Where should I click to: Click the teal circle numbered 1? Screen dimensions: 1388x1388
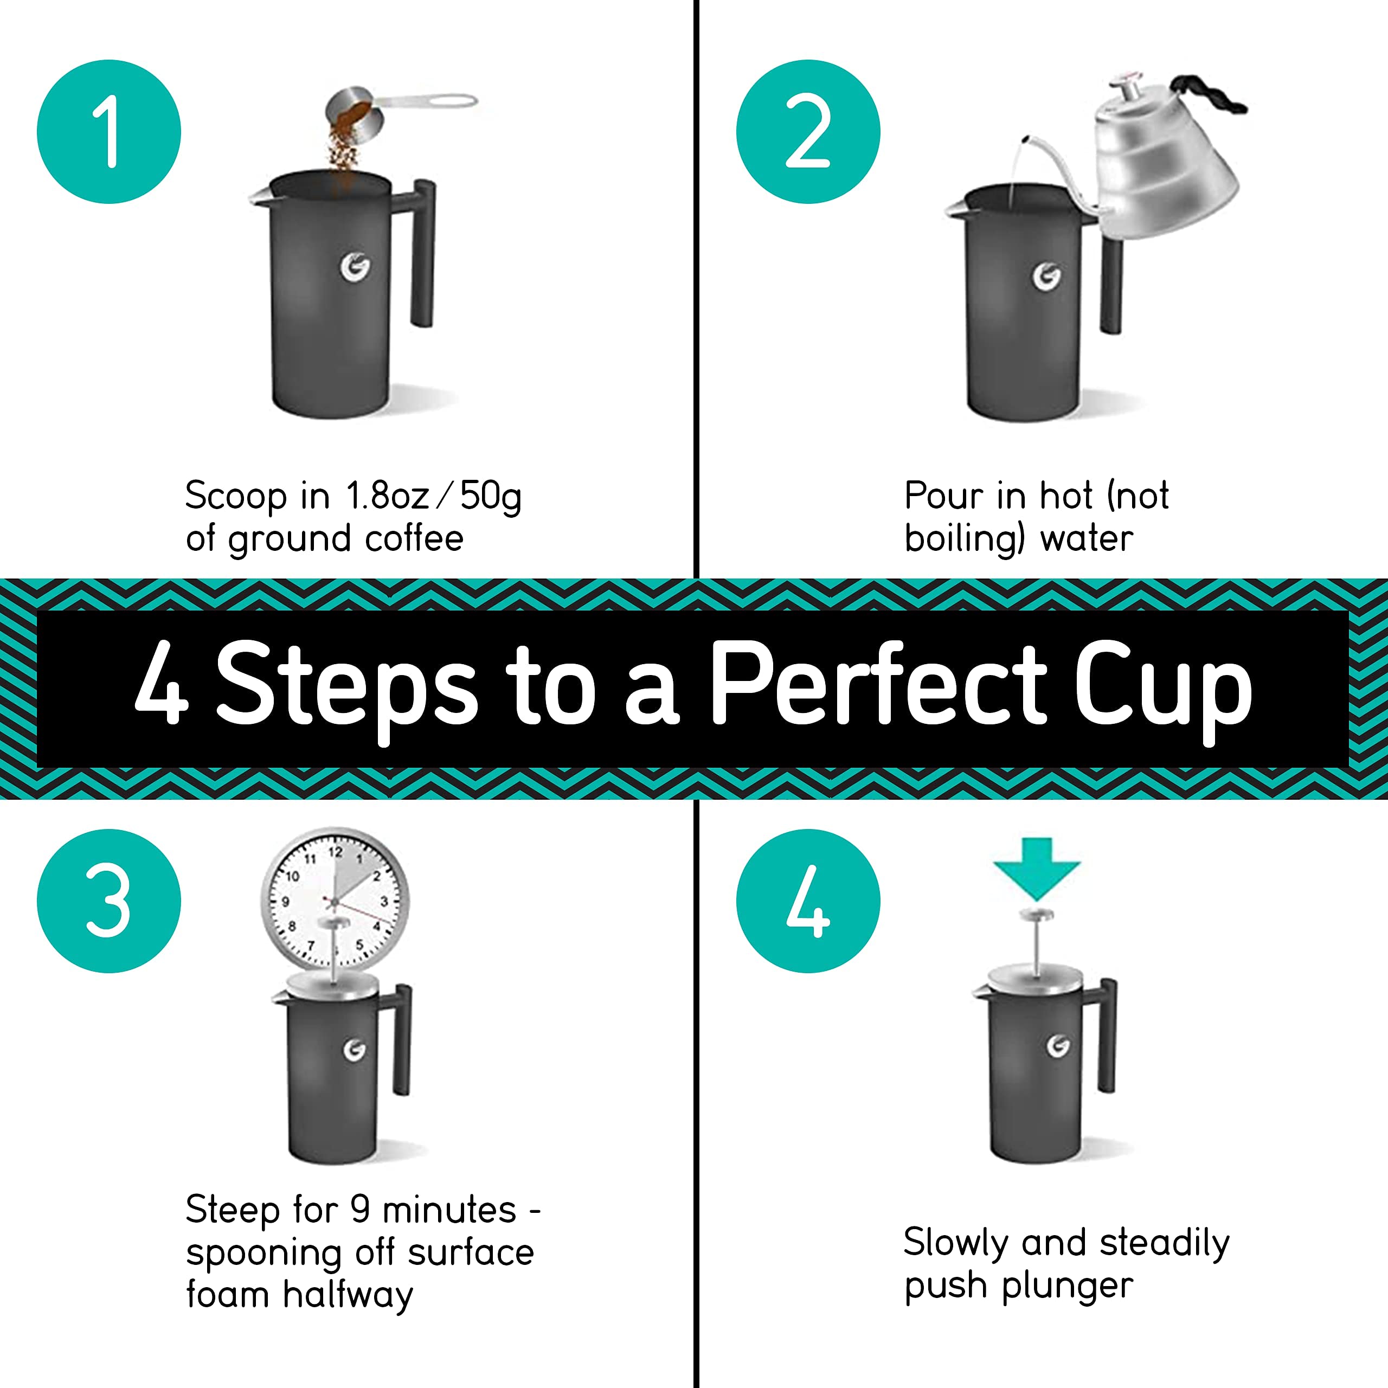[108, 131]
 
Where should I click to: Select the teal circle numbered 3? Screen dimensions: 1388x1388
[108, 901]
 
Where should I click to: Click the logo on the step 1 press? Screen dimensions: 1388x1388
[355, 267]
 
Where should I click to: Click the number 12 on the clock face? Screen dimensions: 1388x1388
[336, 852]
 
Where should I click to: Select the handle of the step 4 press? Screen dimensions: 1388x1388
[1108, 1034]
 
